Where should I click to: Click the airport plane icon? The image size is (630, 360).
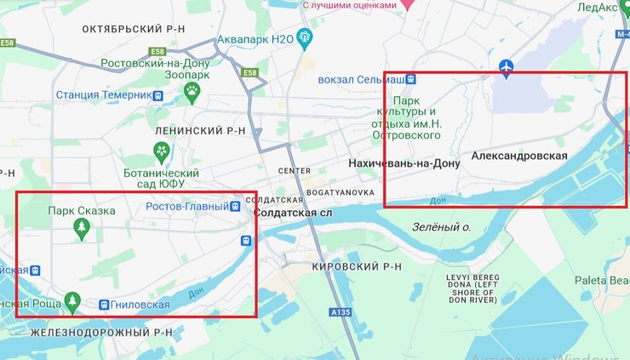click(507, 66)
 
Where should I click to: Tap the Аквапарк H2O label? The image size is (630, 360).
click(255, 39)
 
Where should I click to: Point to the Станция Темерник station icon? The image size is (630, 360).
click(159, 95)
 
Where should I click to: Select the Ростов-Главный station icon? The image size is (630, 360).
click(236, 206)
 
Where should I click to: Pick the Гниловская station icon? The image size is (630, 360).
click(104, 304)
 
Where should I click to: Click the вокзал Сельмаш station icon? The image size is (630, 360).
click(411, 79)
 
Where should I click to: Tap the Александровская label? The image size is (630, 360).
click(518, 156)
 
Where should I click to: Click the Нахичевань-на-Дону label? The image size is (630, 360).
click(404, 163)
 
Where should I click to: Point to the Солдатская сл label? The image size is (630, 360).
click(293, 213)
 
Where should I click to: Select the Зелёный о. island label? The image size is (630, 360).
click(442, 227)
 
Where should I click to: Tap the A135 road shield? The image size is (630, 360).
click(340, 311)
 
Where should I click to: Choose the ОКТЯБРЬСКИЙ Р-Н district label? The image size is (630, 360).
click(134, 29)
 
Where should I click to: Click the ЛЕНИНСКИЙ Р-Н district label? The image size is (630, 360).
click(200, 131)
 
